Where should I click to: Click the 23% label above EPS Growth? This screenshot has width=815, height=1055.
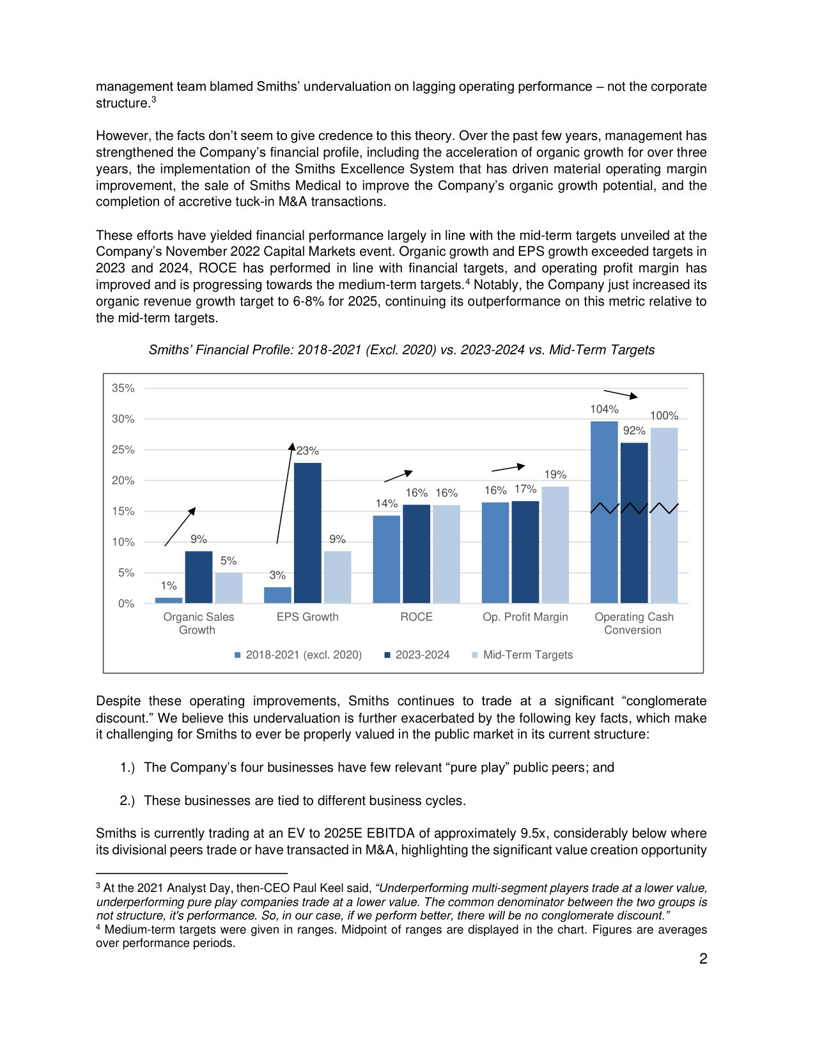(x=307, y=451)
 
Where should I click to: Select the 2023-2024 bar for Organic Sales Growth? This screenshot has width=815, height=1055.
(x=199, y=577)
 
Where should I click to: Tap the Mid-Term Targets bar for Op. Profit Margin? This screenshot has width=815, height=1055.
(x=555, y=545)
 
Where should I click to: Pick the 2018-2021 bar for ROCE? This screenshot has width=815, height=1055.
(x=386, y=559)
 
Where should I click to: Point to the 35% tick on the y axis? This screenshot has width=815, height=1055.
(x=123, y=388)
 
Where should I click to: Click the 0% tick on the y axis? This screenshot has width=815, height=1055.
(x=127, y=604)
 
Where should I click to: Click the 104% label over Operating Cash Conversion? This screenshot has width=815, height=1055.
(x=604, y=409)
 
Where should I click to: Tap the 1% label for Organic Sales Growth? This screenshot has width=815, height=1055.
(x=169, y=586)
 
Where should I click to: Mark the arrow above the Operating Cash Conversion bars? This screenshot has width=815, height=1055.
(x=620, y=394)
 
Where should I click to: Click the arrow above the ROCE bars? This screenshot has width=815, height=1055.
(x=398, y=476)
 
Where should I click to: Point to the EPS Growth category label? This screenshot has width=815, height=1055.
(x=307, y=617)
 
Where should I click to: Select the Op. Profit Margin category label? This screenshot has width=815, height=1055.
(x=525, y=617)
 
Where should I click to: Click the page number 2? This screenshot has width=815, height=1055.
(x=703, y=958)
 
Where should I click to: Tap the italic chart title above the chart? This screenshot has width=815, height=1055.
(x=401, y=350)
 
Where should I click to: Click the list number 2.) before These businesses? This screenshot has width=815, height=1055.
(x=127, y=801)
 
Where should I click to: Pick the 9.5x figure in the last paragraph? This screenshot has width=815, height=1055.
(x=532, y=833)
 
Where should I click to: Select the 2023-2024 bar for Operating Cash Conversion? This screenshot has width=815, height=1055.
(x=634, y=522)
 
